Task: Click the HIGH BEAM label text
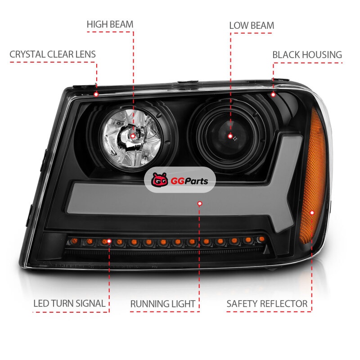[x=110, y=24]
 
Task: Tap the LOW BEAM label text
[x=252, y=26]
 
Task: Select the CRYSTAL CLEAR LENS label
[x=53, y=54]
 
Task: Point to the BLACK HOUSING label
[x=307, y=55]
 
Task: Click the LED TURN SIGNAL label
[x=69, y=303]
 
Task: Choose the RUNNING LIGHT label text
[x=163, y=304]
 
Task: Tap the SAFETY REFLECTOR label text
[x=267, y=304]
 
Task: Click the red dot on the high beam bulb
[x=133, y=136]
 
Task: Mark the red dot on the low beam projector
[x=230, y=136]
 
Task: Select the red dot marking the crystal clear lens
[x=96, y=94]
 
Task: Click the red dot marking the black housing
[x=273, y=94]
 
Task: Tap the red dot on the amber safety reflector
[x=312, y=212]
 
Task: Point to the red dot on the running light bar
[x=200, y=203]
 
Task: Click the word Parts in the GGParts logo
[x=196, y=181]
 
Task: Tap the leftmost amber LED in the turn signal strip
[x=74, y=241]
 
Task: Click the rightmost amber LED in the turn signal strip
[x=261, y=239]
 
